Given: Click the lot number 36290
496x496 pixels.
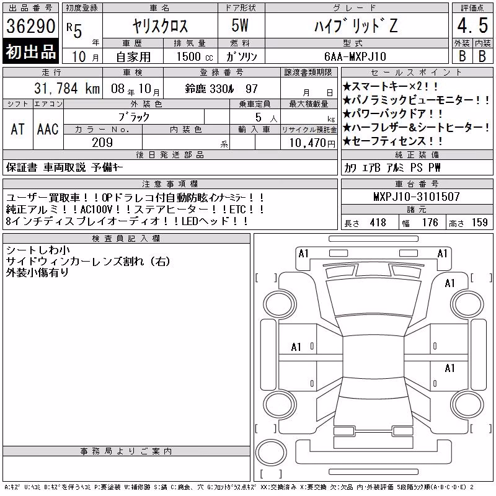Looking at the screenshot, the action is [x=30, y=26].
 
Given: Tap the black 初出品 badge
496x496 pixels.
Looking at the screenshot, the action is [x=30, y=51].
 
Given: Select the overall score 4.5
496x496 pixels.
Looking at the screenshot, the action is [x=472, y=25].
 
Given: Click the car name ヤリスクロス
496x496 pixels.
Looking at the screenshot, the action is [x=160, y=26].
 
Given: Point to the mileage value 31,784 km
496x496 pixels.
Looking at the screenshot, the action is [x=67, y=89].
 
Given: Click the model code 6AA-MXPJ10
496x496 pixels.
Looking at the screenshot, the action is [x=355, y=56].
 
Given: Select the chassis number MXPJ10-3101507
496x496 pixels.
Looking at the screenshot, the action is [x=417, y=197].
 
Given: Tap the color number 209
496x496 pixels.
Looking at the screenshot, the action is [x=102, y=143].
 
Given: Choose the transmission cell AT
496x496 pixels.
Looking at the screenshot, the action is [x=18, y=130].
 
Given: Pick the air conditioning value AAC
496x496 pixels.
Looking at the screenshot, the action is [x=48, y=130].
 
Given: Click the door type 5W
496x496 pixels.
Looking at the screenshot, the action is [x=240, y=25].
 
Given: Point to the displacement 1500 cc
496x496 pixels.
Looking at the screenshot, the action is [x=195, y=57].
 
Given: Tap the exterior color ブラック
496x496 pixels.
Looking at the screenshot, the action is [x=134, y=117].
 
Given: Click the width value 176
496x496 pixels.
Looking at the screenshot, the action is [x=430, y=223].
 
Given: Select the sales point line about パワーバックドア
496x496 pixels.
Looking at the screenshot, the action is [x=393, y=113].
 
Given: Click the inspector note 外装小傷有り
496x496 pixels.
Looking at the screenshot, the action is [x=37, y=272].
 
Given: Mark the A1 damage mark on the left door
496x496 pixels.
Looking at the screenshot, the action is [x=296, y=347].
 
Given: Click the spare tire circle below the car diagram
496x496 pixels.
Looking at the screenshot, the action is [x=271, y=452].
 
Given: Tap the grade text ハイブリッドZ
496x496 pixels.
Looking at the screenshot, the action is [x=356, y=26].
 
